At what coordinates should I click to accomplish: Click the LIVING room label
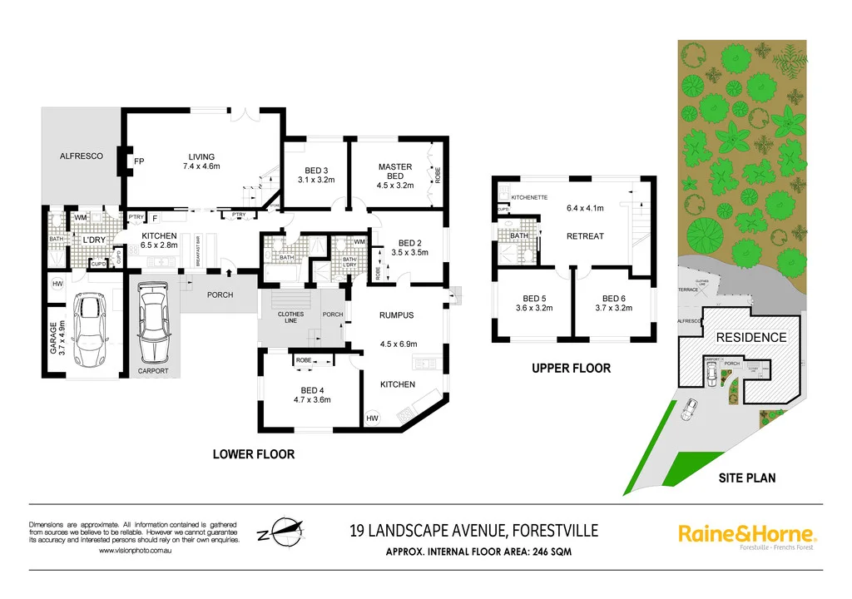pyautogui.click(x=201, y=156)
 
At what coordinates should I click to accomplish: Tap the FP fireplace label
pyautogui.click(x=139, y=161)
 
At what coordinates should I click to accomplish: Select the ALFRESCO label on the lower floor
pyautogui.click(x=81, y=156)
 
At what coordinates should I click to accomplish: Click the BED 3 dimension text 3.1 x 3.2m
pyautogui.click(x=315, y=179)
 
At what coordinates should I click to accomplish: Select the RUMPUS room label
pyautogui.click(x=397, y=315)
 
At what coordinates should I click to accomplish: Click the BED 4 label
pyautogui.click(x=312, y=389)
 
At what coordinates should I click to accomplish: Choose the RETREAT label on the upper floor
pyautogui.click(x=585, y=236)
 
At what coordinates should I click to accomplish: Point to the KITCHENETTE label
pyautogui.click(x=529, y=197)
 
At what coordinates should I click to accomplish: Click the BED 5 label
pyautogui.click(x=534, y=299)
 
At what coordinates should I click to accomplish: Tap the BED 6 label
pyautogui.click(x=614, y=299)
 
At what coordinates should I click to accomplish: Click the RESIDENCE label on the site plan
pyautogui.click(x=751, y=338)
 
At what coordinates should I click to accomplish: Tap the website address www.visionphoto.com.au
pyautogui.click(x=136, y=551)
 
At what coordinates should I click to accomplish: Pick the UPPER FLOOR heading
pyautogui.click(x=571, y=368)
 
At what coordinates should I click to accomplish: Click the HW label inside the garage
pyautogui.click(x=57, y=284)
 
